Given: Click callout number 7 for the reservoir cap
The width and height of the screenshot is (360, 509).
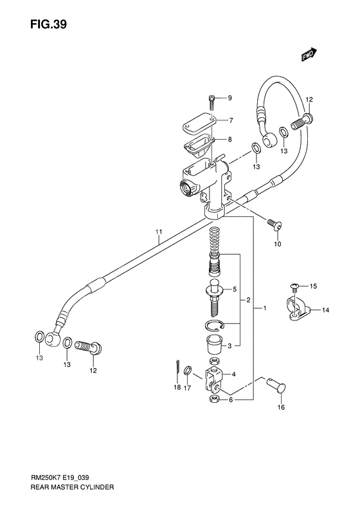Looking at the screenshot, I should (230, 120).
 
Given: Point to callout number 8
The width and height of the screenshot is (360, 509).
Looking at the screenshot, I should (230, 140).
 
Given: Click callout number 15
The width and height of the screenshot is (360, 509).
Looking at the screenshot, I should (314, 286).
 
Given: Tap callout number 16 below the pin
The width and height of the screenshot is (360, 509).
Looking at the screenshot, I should (280, 407).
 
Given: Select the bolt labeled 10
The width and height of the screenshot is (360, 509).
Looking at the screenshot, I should (274, 225).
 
